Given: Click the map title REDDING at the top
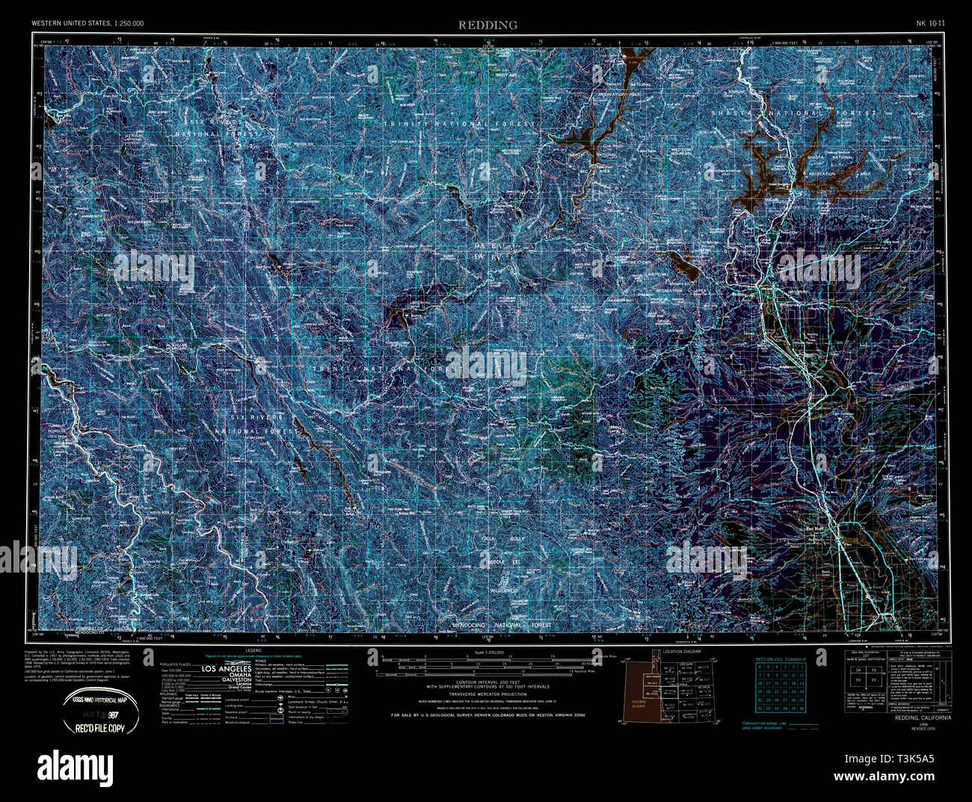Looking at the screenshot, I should [x=487, y=25].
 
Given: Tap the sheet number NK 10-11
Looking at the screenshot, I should [x=930, y=24].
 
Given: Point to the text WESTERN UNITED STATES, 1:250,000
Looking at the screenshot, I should [x=87, y=24].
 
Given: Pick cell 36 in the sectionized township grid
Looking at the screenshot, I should [x=802, y=708].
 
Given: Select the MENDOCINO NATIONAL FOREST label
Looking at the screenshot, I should [x=502, y=625].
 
